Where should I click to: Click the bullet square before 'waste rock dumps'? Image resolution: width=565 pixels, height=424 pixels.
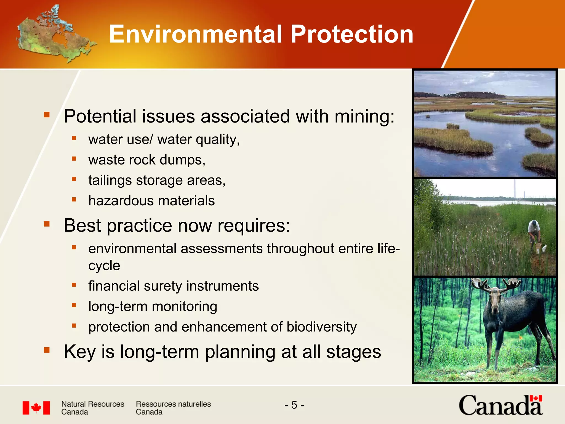click(74, 159)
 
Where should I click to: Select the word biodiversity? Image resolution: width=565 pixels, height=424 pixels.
click(321, 327)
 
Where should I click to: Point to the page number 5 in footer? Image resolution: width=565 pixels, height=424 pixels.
click(294, 405)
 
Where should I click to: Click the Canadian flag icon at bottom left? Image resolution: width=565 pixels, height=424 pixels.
click(36, 408)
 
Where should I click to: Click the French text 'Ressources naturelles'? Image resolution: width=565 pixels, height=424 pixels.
click(173, 404)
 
